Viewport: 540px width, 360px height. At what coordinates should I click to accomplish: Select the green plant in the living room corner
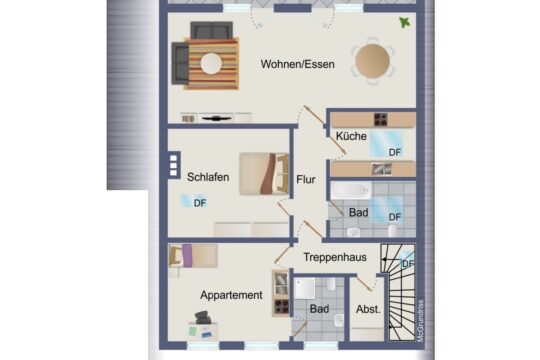click(x=404, y=22)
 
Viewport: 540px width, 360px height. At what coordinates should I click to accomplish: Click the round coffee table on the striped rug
click(x=211, y=63)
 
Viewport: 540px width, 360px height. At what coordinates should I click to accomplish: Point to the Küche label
click(x=350, y=136)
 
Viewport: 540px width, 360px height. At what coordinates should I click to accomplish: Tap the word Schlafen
click(x=208, y=178)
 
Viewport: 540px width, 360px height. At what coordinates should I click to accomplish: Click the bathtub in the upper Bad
click(x=351, y=191)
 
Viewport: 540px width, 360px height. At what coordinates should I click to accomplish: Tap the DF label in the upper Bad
click(x=394, y=216)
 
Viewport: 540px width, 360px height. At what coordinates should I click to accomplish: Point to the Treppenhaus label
click(x=334, y=257)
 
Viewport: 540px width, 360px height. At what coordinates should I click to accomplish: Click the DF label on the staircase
click(x=407, y=264)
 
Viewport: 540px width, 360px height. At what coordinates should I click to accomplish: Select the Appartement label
click(x=231, y=295)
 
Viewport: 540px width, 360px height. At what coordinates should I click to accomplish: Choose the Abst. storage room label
click(x=368, y=309)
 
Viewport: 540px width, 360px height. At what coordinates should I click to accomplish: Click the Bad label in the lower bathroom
click(x=319, y=309)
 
